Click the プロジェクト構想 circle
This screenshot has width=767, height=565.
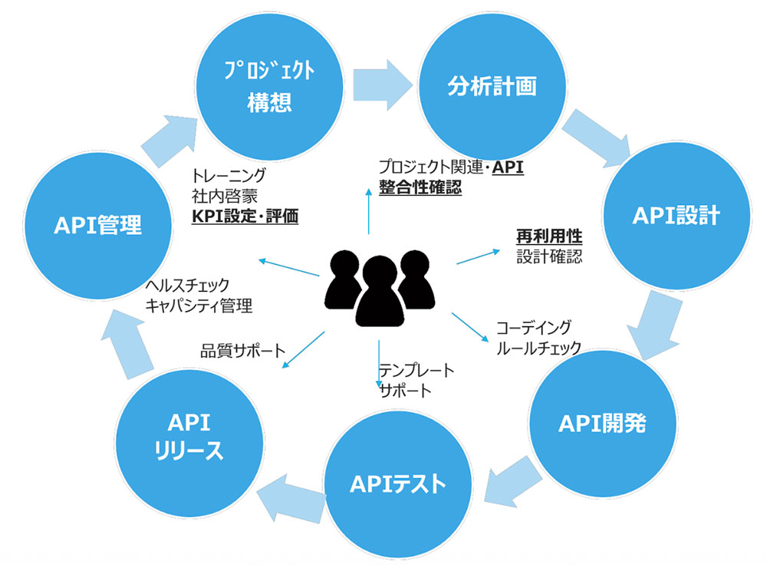(269, 87)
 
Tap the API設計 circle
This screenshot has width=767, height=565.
(676, 216)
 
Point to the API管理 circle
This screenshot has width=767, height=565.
(97, 225)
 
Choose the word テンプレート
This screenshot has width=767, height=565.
(416, 371)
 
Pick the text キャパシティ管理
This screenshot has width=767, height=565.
(199, 305)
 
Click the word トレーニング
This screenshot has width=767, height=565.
(229, 174)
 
